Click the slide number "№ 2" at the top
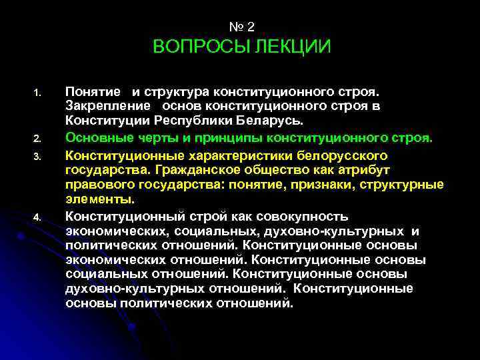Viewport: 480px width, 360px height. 241,27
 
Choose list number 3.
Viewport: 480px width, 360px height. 38,155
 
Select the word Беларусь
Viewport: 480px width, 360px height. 271,121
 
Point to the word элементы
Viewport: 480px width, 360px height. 99,199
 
